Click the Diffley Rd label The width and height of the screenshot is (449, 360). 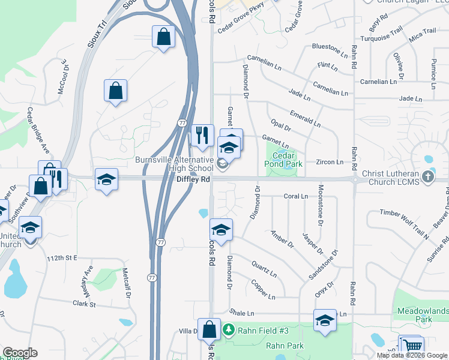click(x=193, y=179)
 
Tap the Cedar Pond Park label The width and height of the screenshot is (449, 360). click(x=283, y=159)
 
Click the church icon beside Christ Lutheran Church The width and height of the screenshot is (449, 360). click(x=427, y=176)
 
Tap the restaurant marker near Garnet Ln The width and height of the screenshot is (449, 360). click(x=202, y=136)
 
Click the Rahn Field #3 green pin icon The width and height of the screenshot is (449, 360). click(x=228, y=329)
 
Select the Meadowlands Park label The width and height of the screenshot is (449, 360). click(x=423, y=315)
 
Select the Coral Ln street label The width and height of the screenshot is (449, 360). click(x=295, y=196)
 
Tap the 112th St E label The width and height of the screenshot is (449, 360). click(x=62, y=258)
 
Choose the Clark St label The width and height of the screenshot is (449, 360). click(x=84, y=304)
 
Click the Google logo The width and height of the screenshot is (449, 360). click(x=20, y=353)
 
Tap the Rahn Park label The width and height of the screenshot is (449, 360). click(x=286, y=346)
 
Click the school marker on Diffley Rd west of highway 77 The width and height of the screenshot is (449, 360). click(x=106, y=179)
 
